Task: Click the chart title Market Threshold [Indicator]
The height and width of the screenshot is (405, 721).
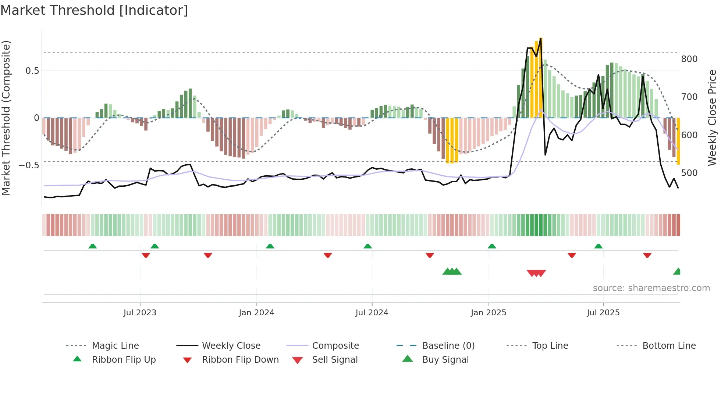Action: click(94, 10)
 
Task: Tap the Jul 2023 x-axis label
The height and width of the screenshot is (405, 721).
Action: click(140, 313)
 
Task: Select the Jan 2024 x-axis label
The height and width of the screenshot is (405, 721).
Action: click(256, 313)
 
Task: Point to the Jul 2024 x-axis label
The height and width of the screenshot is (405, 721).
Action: click(372, 313)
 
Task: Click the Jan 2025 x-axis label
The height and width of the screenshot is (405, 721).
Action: click(489, 313)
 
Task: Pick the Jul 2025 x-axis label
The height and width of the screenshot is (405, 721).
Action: click(603, 313)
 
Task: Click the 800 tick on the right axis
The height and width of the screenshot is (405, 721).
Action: click(689, 59)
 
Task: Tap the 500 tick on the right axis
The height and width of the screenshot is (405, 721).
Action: click(689, 173)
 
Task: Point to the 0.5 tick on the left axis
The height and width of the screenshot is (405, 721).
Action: click(32, 71)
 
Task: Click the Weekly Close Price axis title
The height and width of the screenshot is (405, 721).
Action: click(713, 118)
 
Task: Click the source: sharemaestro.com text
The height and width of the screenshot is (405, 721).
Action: click(651, 288)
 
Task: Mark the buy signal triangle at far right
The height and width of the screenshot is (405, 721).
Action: click(677, 272)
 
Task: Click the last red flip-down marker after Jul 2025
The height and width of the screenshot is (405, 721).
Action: click(647, 255)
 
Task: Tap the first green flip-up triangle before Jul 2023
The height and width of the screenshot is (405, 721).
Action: click(93, 246)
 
